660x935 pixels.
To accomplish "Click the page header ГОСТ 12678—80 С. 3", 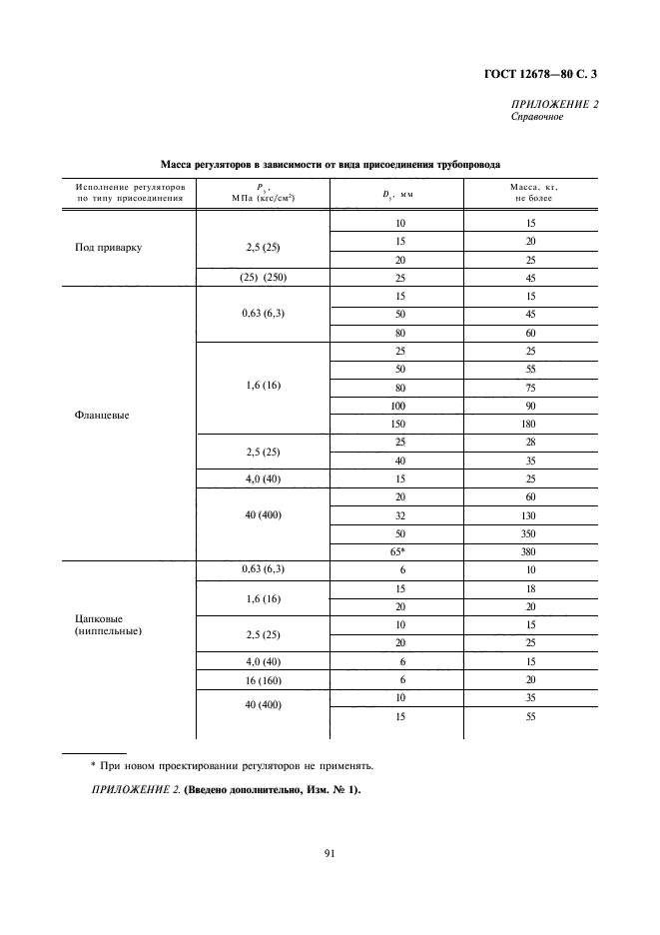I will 543,73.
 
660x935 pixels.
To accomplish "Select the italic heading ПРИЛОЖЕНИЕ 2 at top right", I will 554,104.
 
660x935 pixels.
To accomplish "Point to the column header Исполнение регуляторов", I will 130,187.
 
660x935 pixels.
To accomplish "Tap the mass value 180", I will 530,423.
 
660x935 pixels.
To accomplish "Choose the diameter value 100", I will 400,406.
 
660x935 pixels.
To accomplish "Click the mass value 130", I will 530,515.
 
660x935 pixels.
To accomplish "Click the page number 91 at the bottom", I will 330,852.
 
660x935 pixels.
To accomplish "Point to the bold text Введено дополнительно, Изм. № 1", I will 273,790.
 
